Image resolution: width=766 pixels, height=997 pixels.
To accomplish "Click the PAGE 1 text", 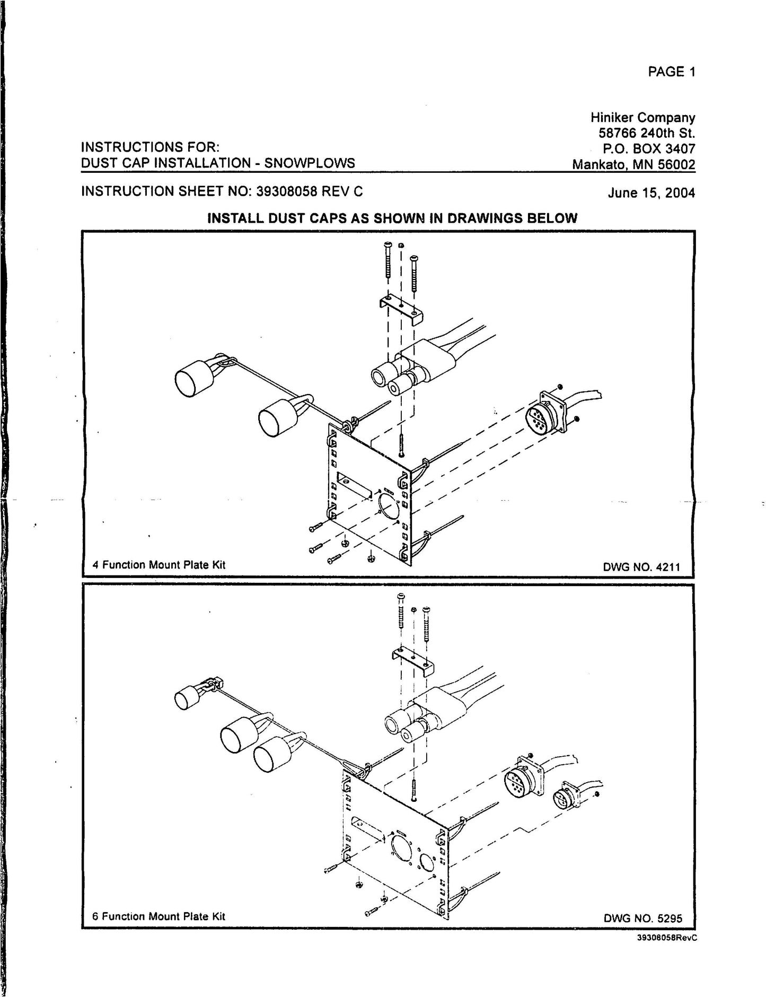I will (x=671, y=72).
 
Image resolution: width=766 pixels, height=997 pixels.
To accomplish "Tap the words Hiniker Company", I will (x=642, y=117).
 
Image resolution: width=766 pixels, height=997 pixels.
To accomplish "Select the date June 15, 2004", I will (x=650, y=193).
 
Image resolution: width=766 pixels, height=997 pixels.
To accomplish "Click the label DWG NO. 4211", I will (x=641, y=567).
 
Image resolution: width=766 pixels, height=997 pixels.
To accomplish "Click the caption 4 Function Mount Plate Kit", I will (x=159, y=565).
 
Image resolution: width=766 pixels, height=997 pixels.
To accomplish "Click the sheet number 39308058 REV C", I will (x=310, y=191).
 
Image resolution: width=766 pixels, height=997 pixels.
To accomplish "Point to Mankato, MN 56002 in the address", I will (x=633, y=164).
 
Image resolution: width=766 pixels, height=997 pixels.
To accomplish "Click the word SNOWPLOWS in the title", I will (x=310, y=163).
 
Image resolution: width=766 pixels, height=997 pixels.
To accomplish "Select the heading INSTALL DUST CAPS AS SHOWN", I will (x=392, y=218).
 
